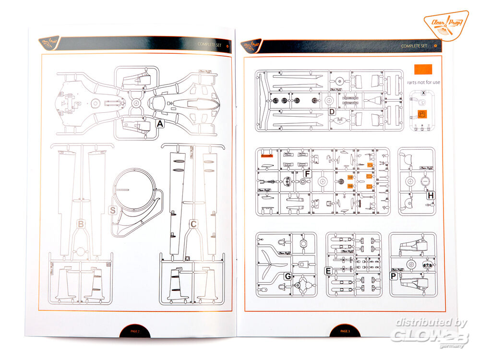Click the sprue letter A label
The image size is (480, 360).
coord(160,124)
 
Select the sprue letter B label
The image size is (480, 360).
coord(81,224)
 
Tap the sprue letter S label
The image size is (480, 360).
coord(113,210)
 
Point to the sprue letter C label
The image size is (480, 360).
coord(193,224)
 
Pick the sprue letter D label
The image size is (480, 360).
coord(332,112)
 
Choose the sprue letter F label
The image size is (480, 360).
coord(308,174)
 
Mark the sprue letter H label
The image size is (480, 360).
coord(431,195)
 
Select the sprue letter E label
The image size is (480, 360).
coord(328,271)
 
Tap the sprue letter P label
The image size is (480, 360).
coord(394,276)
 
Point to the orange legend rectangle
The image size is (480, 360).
coord(422,70)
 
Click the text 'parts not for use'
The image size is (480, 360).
coord(423,82)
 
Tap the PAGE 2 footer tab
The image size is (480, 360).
coord(135,331)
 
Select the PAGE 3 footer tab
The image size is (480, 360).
coord(345,331)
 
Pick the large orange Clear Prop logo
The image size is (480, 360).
coord(446,25)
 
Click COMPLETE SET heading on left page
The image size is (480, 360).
coord(211,45)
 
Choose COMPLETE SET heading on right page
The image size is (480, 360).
coord(414,46)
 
